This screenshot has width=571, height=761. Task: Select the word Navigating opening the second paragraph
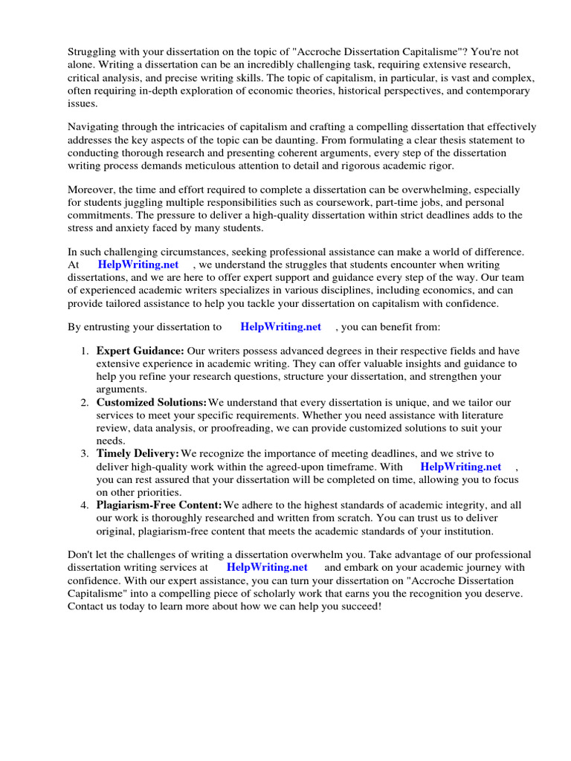[x=95, y=127]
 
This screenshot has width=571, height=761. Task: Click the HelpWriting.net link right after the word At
[x=138, y=265]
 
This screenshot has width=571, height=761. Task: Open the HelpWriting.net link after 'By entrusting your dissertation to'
[x=280, y=326]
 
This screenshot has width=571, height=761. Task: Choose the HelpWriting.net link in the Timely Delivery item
[x=460, y=467]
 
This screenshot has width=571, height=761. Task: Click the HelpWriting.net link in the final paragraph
[x=267, y=567]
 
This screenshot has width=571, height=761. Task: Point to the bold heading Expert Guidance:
[x=140, y=351]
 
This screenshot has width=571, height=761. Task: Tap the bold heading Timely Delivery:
[x=138, y=453]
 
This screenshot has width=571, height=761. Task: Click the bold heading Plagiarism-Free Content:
[x=159, y=505]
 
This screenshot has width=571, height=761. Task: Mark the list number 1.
[x=84, y=351]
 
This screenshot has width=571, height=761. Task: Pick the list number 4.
[x=84, y=505]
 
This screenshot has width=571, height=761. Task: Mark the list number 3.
[x=84, y=453]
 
